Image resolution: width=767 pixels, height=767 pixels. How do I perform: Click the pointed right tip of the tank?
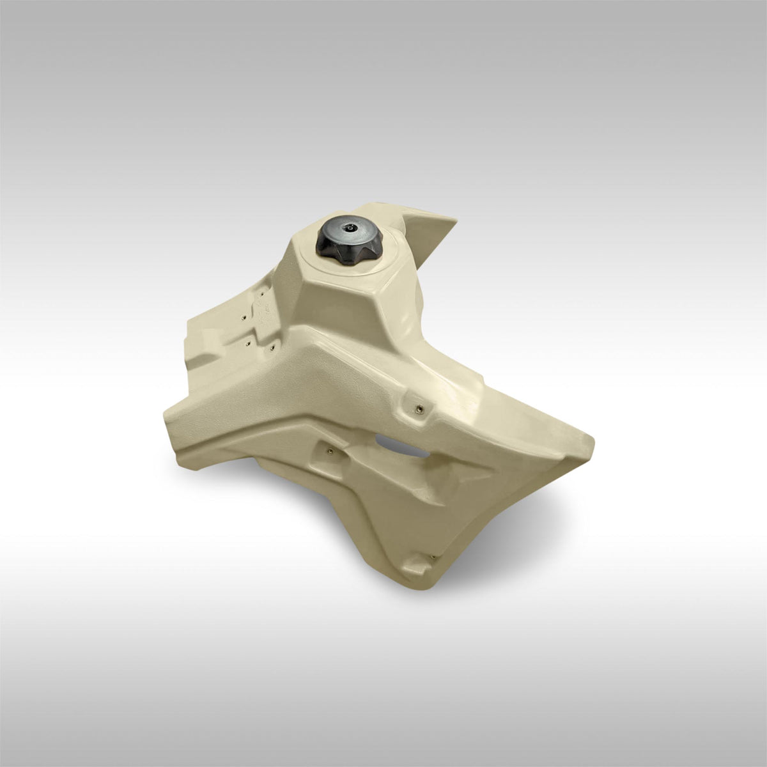coord(591,441)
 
